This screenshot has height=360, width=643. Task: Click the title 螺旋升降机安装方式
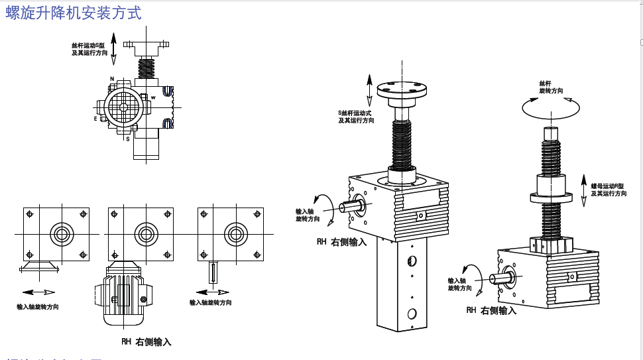[74, 13]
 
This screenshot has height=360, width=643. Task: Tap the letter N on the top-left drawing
[112, 79]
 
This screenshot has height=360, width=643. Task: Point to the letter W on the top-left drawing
[153, 97]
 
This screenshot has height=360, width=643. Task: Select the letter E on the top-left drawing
[95, 119]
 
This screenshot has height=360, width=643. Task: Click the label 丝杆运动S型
[88, 46]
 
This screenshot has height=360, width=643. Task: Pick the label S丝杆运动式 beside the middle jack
[355, 113]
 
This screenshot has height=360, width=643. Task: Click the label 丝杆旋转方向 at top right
[551, 87]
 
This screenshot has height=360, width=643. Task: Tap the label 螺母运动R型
[608, 186]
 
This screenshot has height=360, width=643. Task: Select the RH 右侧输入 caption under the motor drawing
[146, 342]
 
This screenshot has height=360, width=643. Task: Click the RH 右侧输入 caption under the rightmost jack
[491, 310]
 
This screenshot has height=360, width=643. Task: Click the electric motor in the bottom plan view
[123, 298]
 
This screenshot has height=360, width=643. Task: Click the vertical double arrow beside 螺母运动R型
[583, 191]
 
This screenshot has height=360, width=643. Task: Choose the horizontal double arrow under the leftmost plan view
[38, 292]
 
